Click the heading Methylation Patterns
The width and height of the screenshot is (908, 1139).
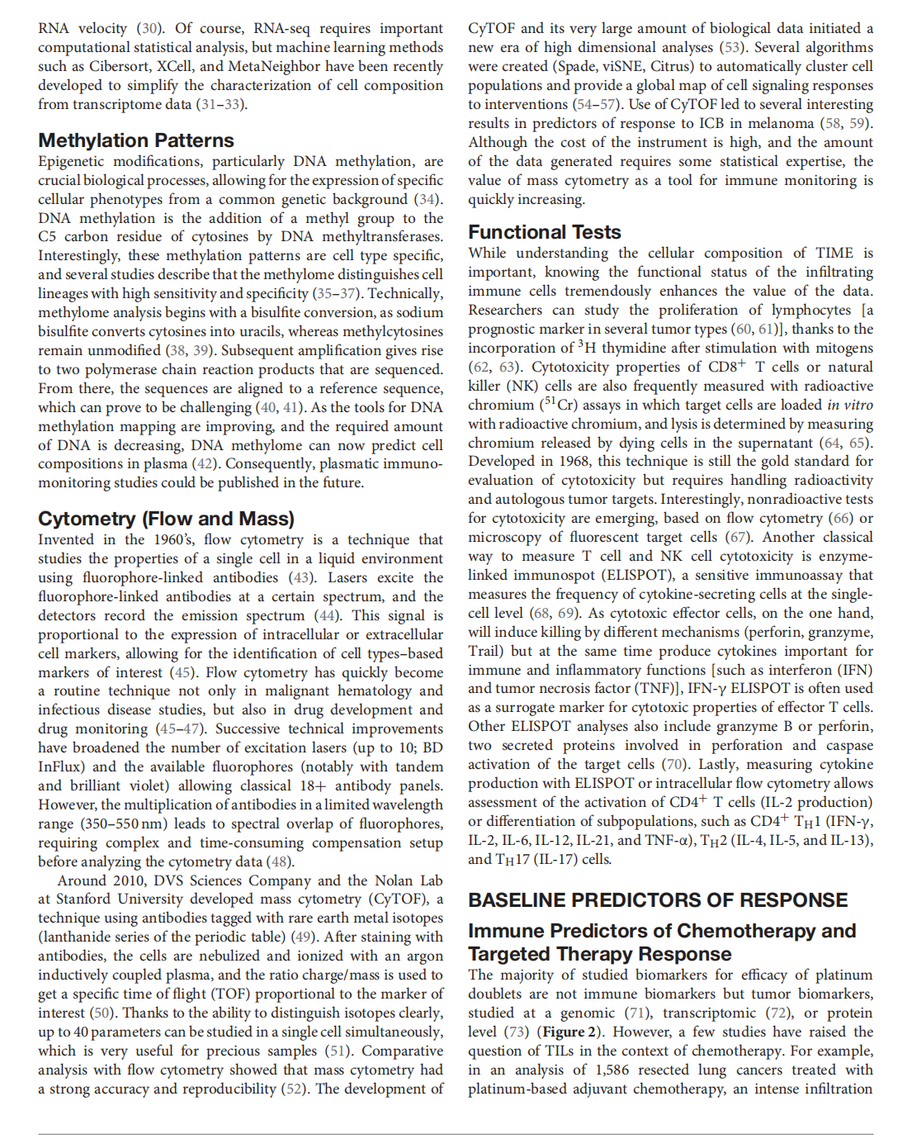click(135, 140)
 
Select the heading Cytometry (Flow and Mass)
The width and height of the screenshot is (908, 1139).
click(166, 519)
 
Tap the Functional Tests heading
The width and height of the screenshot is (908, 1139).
click(544, 232)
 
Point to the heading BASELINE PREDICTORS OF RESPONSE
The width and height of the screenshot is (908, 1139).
click(657, 900)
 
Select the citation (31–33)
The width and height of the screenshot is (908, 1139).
click(221, 104)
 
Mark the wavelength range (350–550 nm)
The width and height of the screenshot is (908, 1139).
click(123, 823)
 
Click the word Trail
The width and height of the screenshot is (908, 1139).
click(485, 651)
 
